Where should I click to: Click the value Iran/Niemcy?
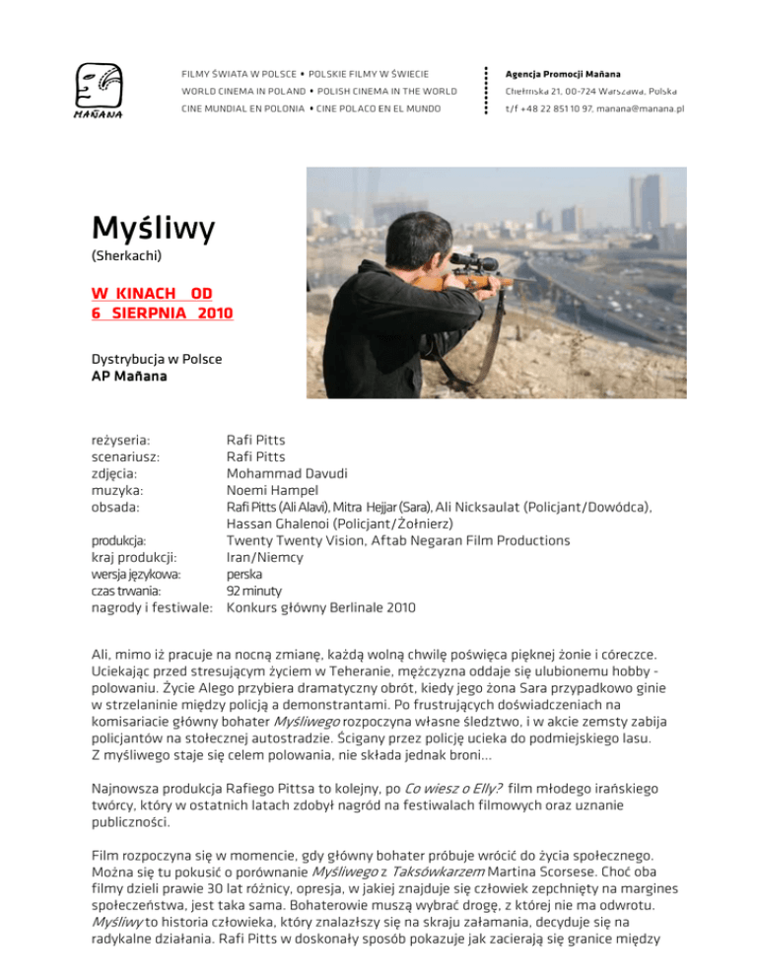point(266,557)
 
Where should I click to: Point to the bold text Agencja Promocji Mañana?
point(561,74)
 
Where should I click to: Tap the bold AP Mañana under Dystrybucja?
point(121,378)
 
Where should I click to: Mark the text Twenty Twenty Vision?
point(300,540)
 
